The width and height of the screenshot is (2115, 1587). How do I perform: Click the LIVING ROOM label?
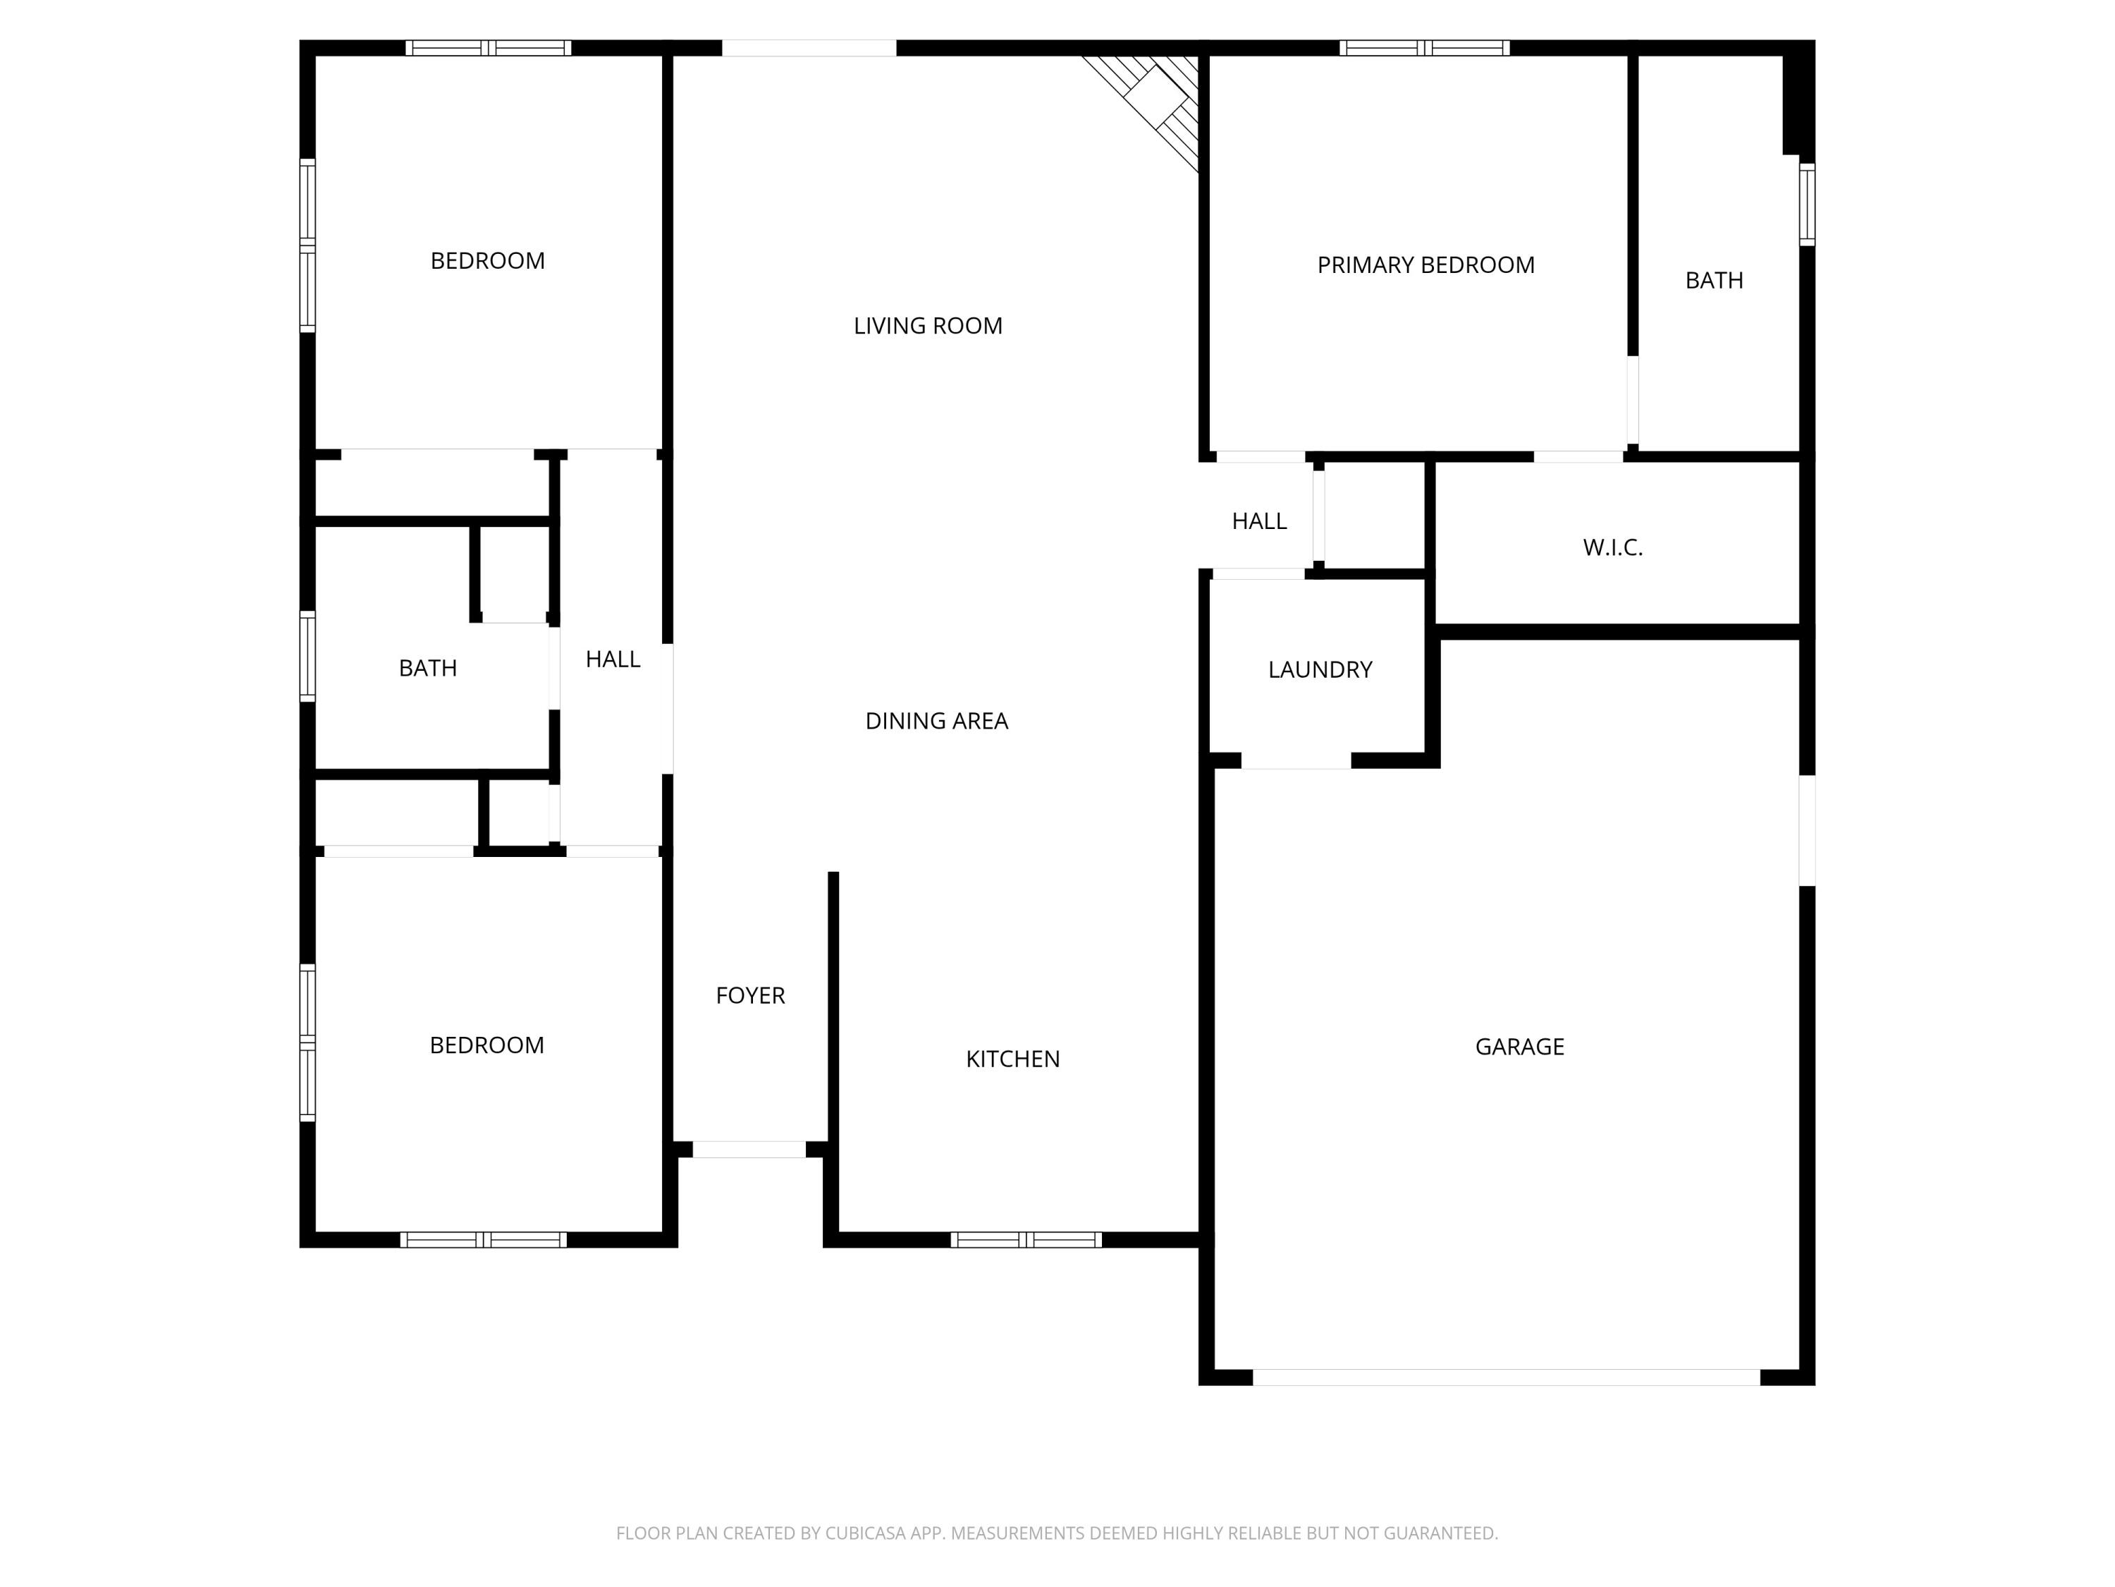click(x=928, y=326)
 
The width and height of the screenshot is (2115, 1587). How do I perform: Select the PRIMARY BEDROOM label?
click(x=1426, y=265)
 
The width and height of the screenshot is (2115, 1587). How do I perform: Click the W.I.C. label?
click(x=1612, y=548)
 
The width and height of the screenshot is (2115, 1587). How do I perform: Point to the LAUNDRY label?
click(x=1320, y=669)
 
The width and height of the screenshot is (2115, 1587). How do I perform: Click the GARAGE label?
click(x=1519, y=1047)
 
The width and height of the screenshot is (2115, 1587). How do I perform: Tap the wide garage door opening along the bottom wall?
click(x=1506, y=1377)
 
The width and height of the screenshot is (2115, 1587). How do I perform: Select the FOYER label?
click(x=749, y=996)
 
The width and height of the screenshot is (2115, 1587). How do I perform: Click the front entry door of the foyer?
click(x=749, y=1149)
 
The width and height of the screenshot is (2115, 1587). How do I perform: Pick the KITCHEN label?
click(x=1012, y=1059)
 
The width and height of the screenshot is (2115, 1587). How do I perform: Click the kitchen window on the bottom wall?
click(x=1026, y=1240)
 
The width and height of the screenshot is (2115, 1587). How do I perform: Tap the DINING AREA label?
click(x=936, y=722)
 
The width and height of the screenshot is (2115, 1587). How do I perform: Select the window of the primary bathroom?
click(x=1806, y=205)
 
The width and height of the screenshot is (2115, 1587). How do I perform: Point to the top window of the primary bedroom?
click(x=1423, y=48)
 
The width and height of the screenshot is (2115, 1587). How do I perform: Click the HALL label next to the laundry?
click(x=1258, y=521)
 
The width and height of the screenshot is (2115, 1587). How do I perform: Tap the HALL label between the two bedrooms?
click(x=612, y=659)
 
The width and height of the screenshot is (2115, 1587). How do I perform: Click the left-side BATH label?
click(x=427, y=669)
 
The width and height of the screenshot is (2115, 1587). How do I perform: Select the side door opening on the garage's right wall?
click(x=1806, y=829)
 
